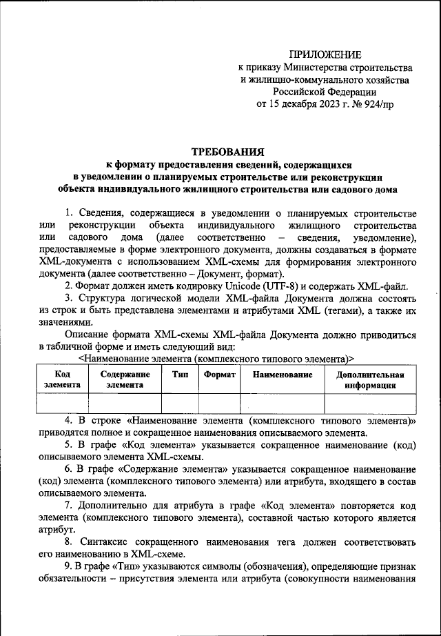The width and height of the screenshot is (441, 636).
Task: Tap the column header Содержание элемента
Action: tap(124, 379)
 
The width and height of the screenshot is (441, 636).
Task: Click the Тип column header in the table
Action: tap(179, 374)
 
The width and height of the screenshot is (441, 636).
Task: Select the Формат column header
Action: tap(220, 374)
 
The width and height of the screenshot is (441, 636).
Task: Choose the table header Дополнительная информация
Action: tap(370, 379)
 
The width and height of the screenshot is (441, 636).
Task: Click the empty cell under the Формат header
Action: tap(220, 403)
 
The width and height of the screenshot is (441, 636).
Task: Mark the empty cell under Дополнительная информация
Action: tap(370, 403)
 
